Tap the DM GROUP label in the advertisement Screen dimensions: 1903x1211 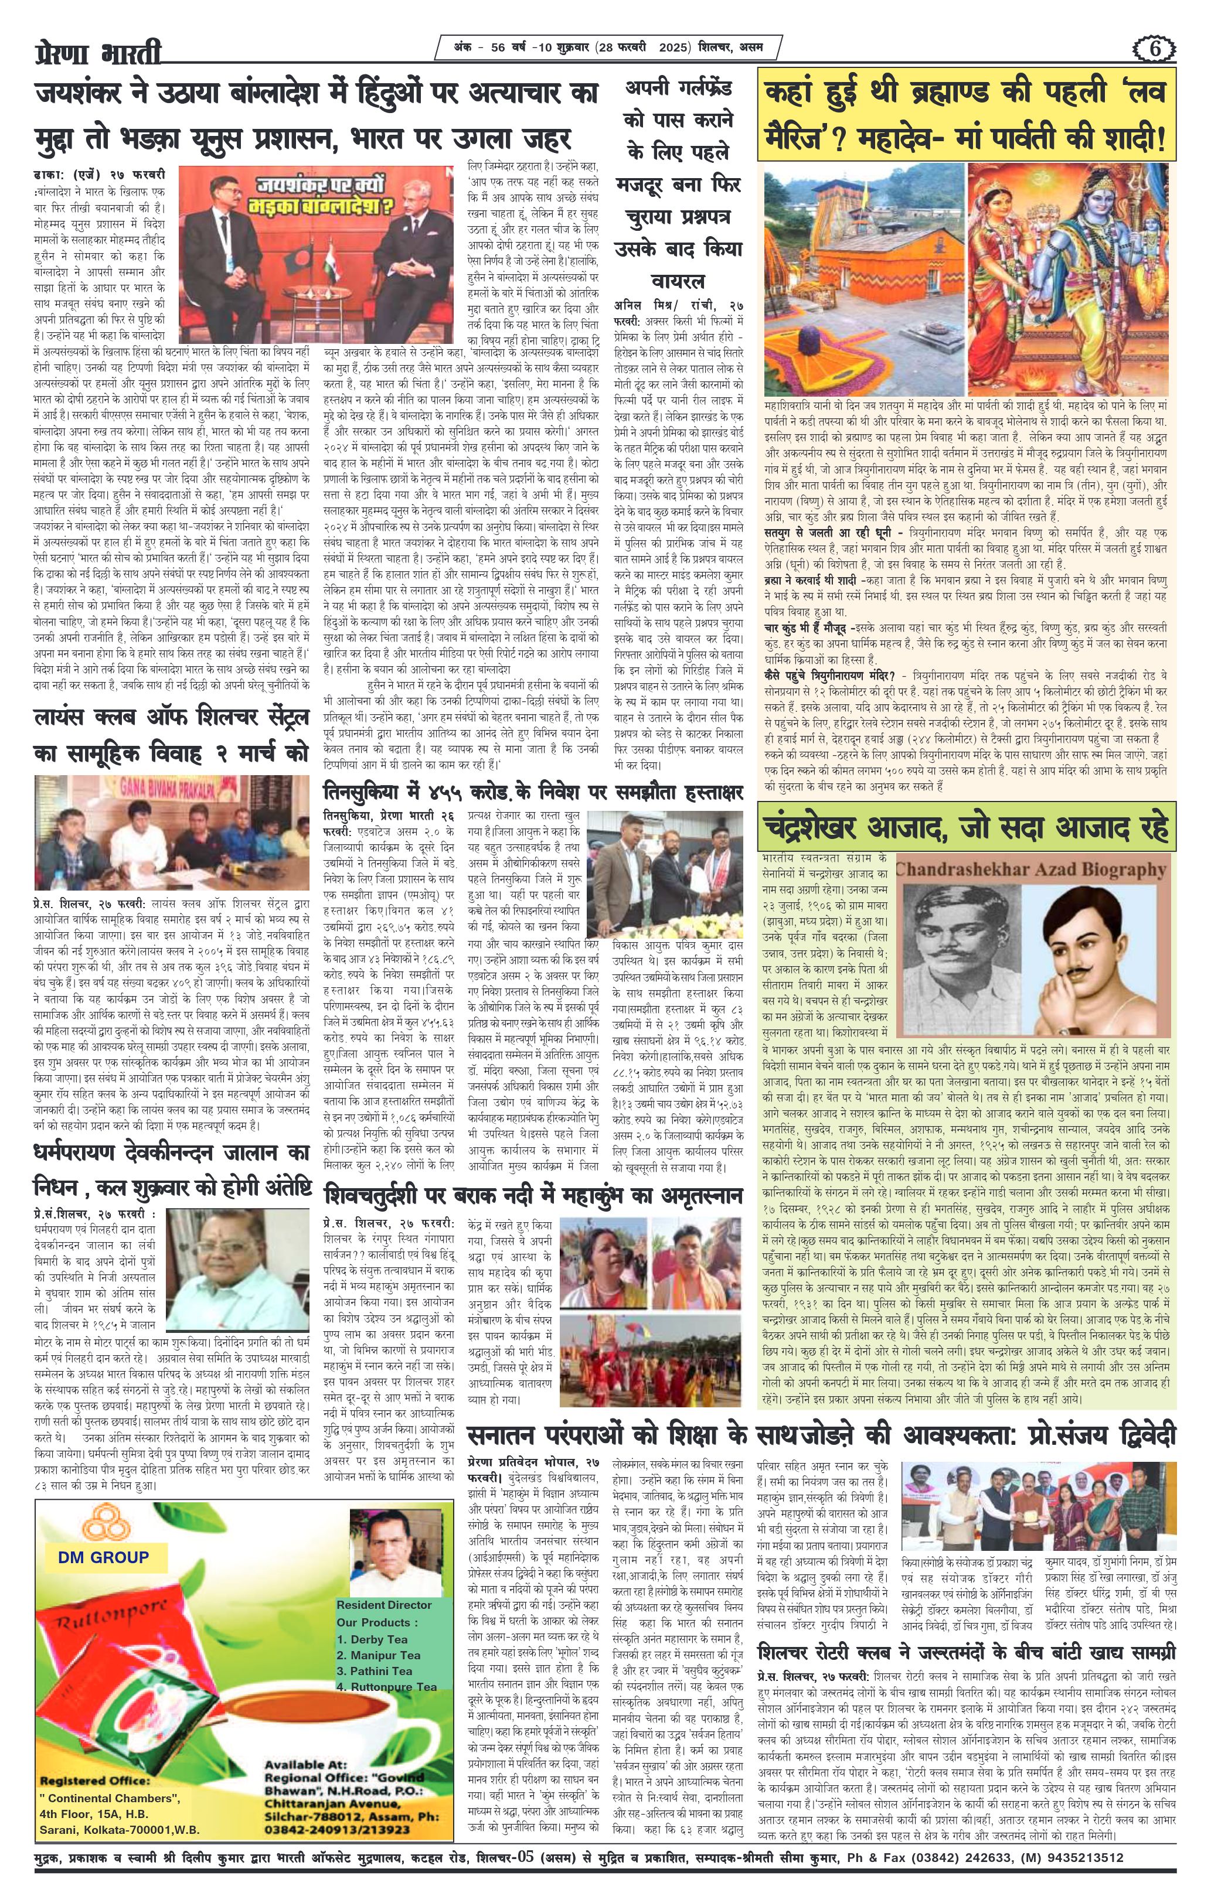point(103,1557)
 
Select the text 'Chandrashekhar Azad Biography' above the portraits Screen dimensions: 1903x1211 point(1032,871)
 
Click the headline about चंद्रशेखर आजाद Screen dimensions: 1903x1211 point(966,827)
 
